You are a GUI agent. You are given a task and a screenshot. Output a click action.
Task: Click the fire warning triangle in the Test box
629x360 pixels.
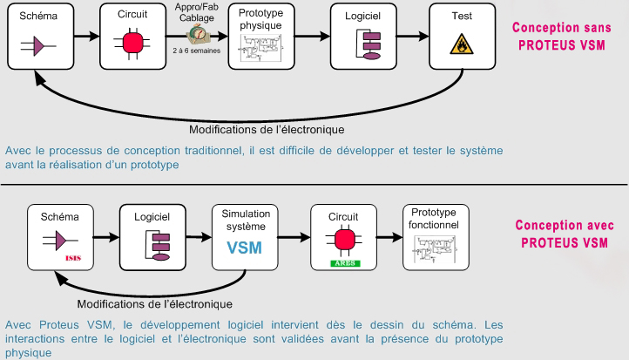tap(462, 44)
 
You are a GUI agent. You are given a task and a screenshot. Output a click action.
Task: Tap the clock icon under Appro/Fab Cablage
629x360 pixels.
tap(198, 34)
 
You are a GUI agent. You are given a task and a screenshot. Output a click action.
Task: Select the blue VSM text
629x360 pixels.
tap(244, 248)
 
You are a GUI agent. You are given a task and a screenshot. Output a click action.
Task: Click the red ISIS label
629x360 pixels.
tap(73, 258)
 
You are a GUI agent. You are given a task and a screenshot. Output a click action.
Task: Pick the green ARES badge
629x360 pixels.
tap(345, 263)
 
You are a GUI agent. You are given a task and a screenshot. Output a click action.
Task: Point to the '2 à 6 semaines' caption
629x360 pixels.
tap(197, 51)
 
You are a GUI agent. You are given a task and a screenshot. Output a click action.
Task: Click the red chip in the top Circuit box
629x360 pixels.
tap(132, 44)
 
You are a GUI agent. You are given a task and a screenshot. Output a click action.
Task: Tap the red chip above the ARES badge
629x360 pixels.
tap(345, 240)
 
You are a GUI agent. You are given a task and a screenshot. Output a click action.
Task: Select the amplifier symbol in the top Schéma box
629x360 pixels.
tap(38, 46)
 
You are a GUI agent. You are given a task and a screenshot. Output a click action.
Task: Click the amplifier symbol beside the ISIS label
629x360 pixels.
tap(60, 241)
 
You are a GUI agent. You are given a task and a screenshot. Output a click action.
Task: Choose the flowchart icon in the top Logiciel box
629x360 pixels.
tap(369, 44)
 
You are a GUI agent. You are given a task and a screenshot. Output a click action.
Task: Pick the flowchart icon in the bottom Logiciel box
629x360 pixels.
tap(157, 246)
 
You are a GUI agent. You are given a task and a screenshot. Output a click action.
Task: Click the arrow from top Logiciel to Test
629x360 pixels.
tap(413, 36)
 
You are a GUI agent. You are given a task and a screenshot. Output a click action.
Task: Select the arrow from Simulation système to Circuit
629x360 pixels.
tap(294, 237)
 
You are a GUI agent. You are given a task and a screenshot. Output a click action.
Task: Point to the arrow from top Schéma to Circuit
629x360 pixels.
tap(86, 36)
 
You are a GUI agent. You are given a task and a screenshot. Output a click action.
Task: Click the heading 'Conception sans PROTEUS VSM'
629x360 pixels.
tap(562, 36)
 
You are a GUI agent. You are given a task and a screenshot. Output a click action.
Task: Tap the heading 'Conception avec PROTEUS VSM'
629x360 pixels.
tap(565, 234)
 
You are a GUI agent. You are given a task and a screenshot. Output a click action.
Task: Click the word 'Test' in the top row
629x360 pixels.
tap(462, 16)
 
